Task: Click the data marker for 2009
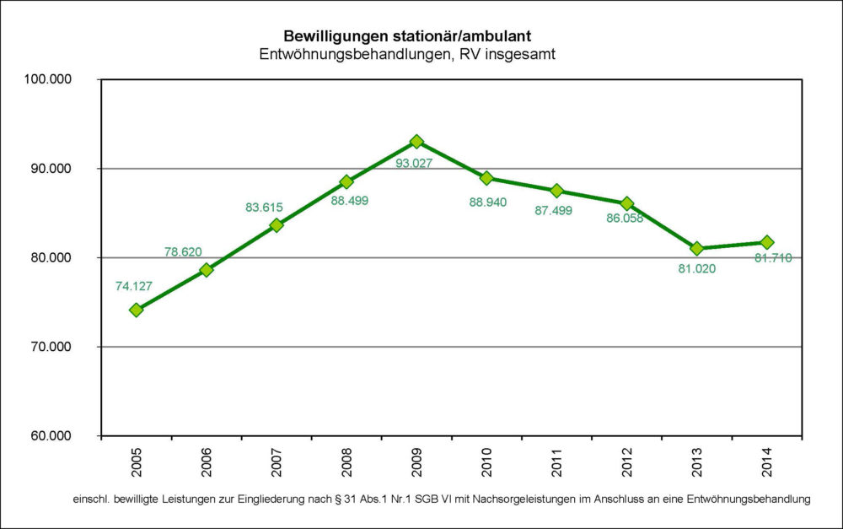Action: click(x=416, y=142)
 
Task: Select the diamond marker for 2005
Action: click(x=136, y=310)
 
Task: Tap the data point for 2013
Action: click(x=696, y=248)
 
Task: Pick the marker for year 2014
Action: click(x=767, y=242)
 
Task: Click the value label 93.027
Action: click(x=414, y=163)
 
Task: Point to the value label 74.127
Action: click(x=133, y=286)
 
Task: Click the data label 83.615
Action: click(x=264, y=207)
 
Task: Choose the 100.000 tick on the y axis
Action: click(x=51, y=79)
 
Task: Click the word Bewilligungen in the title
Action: click(x=334, y=36)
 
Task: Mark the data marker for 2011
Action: click(x=556, y=191)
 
